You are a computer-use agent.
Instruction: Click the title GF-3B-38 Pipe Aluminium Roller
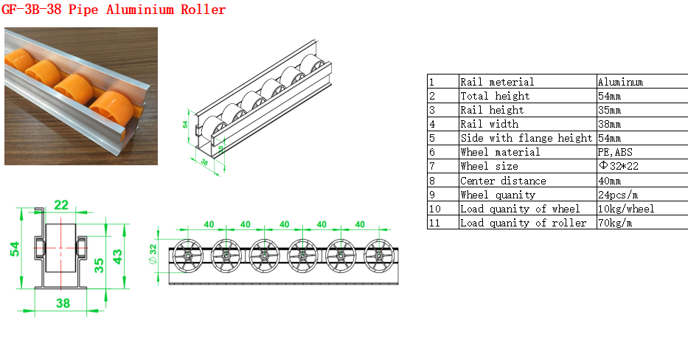coord(114,9)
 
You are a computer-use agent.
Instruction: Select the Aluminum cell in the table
coord(620,82)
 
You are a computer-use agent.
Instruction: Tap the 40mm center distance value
coord(609,181)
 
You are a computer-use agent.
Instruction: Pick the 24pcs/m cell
coord(618,195)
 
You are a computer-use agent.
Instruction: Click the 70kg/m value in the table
coord(615,223)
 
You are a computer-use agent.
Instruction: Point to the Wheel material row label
coord(500,153)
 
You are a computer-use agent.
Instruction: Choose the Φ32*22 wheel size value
coord(619,166)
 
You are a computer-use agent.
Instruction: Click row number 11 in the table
coord(434,223)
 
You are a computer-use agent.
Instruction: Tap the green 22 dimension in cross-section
coord(61,204)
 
